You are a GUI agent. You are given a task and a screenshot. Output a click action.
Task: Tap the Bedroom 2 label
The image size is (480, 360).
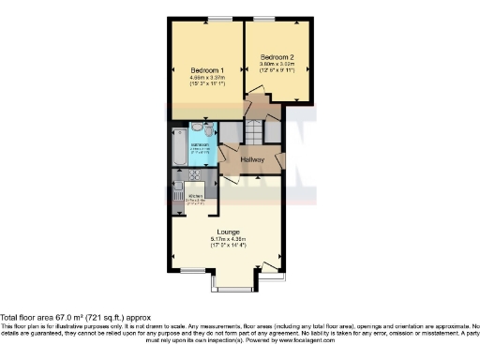coord(278,56)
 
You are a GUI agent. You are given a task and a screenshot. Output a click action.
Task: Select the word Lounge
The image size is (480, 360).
coord(228,232)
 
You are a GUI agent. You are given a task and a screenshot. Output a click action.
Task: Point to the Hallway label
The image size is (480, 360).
coord(253,160)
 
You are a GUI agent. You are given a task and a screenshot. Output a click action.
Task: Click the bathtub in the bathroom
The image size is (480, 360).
coord(179,145)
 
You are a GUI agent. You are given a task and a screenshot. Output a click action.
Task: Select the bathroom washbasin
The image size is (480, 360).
coord(197,128)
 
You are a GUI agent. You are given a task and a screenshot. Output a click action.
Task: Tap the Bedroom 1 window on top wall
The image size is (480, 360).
coord(220,20)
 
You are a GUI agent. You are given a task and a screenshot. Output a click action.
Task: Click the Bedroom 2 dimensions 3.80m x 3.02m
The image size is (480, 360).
coord(278,65)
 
